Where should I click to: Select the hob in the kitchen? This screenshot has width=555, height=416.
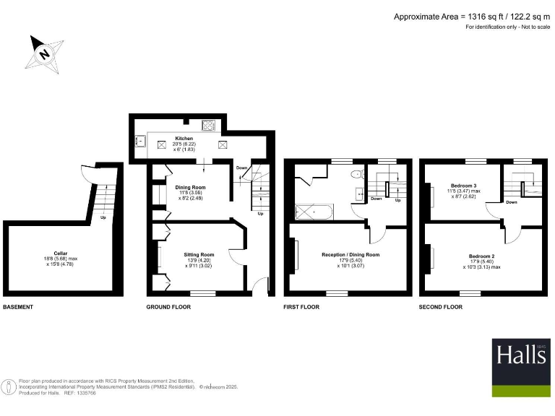tap(210, 126)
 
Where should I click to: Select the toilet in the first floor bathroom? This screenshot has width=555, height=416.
tap(356, 175)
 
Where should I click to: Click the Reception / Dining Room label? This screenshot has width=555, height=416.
tap(350, 255)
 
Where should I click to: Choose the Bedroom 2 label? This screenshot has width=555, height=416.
tap(481, 256)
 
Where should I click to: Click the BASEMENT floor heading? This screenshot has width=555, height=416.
tap(18, 308)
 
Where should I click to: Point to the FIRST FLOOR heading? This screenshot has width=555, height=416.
tap(301, 308)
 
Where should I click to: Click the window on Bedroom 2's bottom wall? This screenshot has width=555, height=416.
tap(470, 292)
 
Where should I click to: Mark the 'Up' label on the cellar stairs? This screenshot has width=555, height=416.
tap(103, 217)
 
